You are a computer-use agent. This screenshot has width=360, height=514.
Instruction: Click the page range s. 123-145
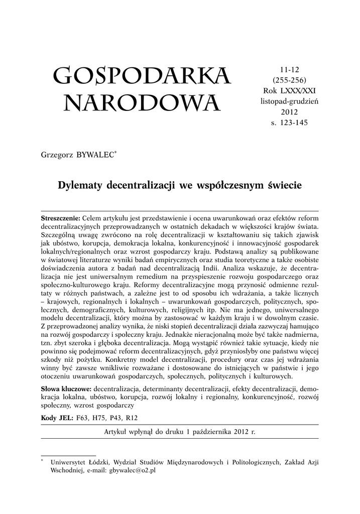[289, 122]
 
